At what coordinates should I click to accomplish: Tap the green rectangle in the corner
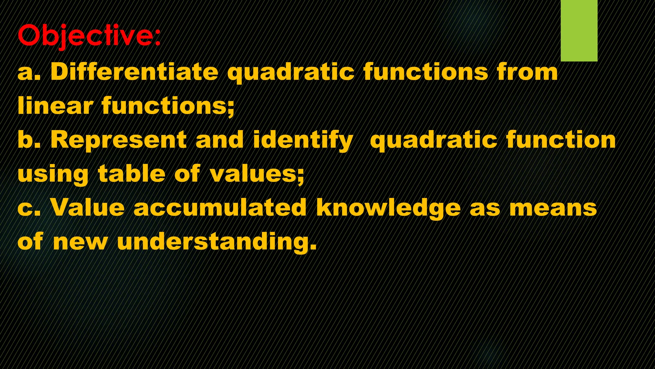[579, 30]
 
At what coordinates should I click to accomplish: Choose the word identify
[303, 140]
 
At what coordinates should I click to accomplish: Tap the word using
[53, 175]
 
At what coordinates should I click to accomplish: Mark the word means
[553, 208]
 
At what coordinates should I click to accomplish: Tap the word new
[80, 242]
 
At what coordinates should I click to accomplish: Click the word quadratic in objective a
[291, 72]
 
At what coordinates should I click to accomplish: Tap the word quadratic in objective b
[433, 140]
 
